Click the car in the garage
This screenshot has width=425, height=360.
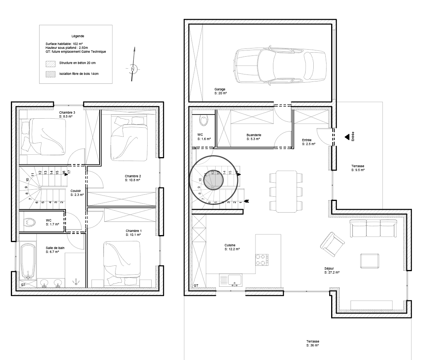[x=280, y=66]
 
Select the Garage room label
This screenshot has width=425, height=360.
[x=220, y=91]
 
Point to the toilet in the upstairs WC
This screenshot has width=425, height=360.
[x=30, y=223]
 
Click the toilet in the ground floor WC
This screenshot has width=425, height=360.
[x=204, y=120]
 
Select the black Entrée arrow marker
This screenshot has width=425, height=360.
[x=347, y=137]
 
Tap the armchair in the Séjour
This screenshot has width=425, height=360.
[x=332, y=244]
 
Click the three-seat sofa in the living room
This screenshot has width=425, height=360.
[x=373, y=228]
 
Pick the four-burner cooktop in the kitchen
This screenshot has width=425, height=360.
[x=262, y=260]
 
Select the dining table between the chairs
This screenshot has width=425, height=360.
[x=286, y=191]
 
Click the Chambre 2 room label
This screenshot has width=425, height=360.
[x=133, y=178]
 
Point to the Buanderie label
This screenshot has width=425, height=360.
[x=254, y=137]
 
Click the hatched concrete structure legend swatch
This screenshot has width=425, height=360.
[x=50, y=64]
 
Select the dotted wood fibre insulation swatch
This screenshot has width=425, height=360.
[x=50, y=74]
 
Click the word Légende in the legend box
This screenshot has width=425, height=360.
[x=78, y=36]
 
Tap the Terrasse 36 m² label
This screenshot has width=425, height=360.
[x=313, y=343]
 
